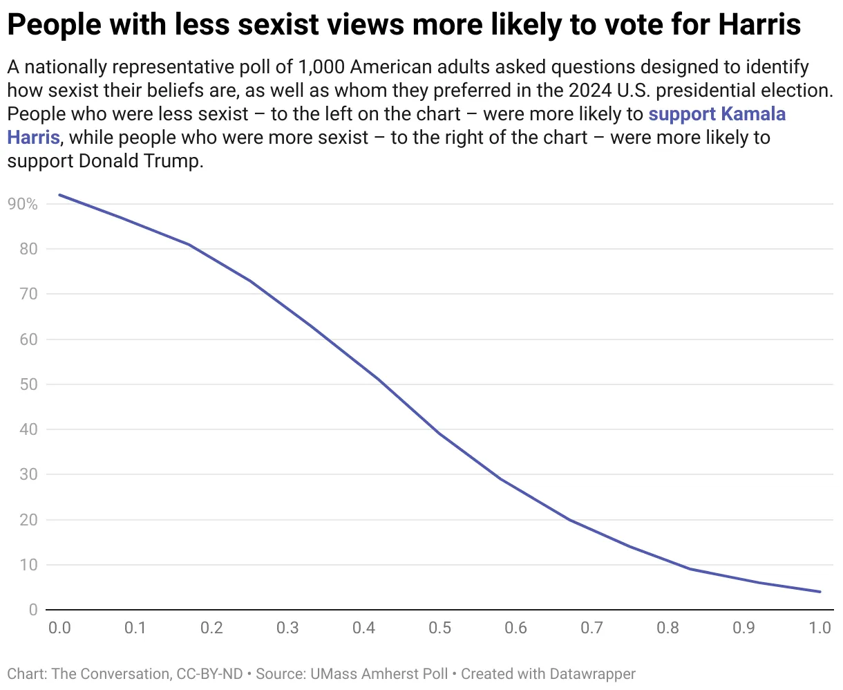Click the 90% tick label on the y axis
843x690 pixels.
22,204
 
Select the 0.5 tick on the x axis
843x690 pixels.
439,628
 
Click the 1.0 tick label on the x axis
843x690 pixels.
820,628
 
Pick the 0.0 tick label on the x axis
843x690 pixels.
59,628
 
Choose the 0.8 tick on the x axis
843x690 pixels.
667,628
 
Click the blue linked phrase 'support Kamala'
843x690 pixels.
717,114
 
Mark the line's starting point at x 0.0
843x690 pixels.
59,195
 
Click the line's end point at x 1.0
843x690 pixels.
820,592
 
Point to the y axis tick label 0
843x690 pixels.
32,610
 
